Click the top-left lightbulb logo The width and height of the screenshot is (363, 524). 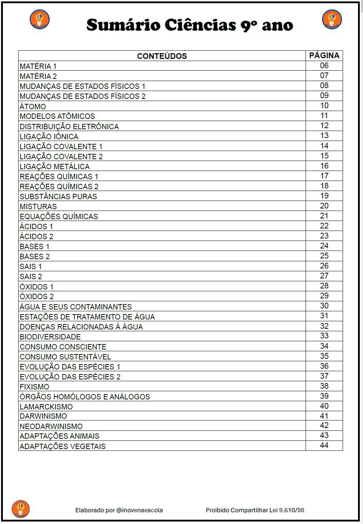tap(40, 19)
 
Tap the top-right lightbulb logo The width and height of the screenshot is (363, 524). tap(332, 19)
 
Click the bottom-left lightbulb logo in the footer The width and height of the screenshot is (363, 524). tap(21, 509)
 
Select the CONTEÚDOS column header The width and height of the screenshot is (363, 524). tap(162, 56)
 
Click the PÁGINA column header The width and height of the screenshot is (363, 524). tap(324, 55)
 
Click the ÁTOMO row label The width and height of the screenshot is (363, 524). tap(33, 106)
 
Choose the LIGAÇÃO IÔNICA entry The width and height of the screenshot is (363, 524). tap(49, 136)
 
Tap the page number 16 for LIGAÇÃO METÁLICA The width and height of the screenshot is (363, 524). tap(324, 166)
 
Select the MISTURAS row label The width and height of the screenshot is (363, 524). tap(38, 206)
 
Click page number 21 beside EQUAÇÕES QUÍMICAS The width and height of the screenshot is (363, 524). tap(324, 216)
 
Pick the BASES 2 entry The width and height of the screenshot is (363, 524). tap(35, 256)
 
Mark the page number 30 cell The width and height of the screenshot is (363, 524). tap(324, 306)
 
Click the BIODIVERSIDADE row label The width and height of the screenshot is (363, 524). tap(50, 337)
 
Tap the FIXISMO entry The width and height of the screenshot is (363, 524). tap(35, 387)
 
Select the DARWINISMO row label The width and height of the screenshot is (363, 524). tap(44, 416)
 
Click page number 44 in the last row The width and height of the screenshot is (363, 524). tap(324, 445)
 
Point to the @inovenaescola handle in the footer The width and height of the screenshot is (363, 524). tap(140, 510)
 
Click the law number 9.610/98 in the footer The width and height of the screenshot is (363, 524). tap(292, 510)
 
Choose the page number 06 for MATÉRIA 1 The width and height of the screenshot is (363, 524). tap(324, 66)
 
